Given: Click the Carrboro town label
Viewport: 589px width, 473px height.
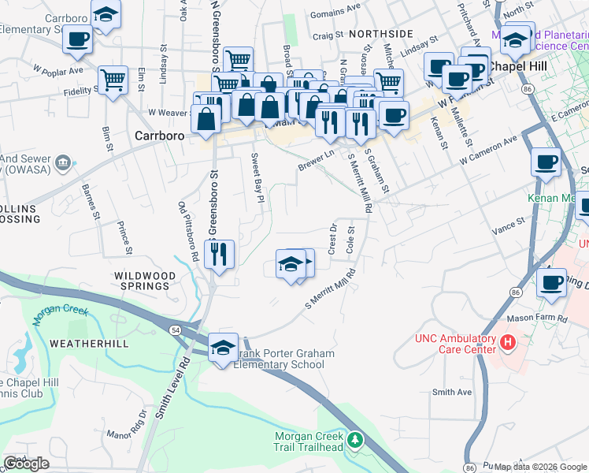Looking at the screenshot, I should pos(159,135).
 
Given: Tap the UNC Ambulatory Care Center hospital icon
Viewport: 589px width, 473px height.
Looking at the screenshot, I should pos(508,343).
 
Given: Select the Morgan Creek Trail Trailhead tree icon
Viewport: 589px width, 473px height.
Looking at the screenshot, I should pos(355,438).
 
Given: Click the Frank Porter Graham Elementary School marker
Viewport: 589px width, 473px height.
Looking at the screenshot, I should pos(224,347).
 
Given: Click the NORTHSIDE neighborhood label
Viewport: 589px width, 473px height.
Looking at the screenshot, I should pos(380,34).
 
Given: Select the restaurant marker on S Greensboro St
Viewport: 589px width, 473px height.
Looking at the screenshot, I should pos(218,253).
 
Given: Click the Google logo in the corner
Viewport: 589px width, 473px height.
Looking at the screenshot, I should pos(26,464).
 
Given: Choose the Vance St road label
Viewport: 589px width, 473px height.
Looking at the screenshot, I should pos(508,226).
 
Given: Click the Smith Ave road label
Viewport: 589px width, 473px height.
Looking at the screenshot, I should pos(452,392).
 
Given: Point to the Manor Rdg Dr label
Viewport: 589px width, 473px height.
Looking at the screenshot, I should pos(128,423).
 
